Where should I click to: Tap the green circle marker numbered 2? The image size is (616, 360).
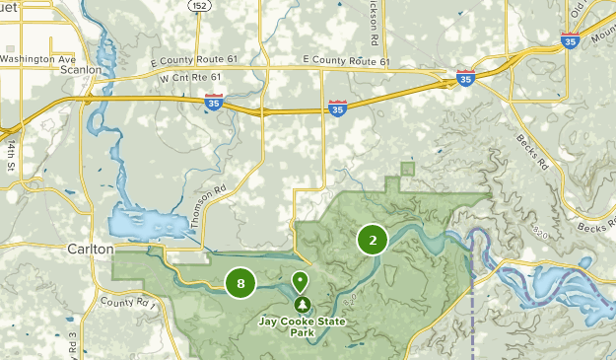[x=372, y=240]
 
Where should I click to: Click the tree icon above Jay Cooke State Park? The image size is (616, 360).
[x=301, y=304]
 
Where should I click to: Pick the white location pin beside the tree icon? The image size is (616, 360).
[x=300, y=283]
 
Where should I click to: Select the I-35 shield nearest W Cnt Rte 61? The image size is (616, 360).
[x=214, y=101]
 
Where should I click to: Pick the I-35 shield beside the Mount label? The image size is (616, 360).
[x=570, y=41]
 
